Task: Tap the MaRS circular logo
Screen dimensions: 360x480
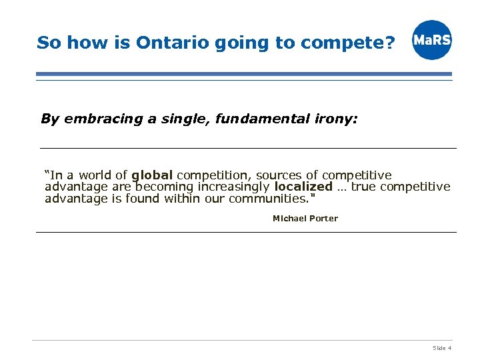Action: (x=431, y=40)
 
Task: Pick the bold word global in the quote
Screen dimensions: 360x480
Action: (x=152, y=175)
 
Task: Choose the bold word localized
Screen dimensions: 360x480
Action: (x=303, y=187)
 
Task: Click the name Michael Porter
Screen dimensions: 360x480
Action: (x=305, y=218)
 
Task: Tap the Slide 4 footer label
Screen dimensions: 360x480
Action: (x=442, y=348)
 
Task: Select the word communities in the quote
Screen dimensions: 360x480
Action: (x=267, y=198)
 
